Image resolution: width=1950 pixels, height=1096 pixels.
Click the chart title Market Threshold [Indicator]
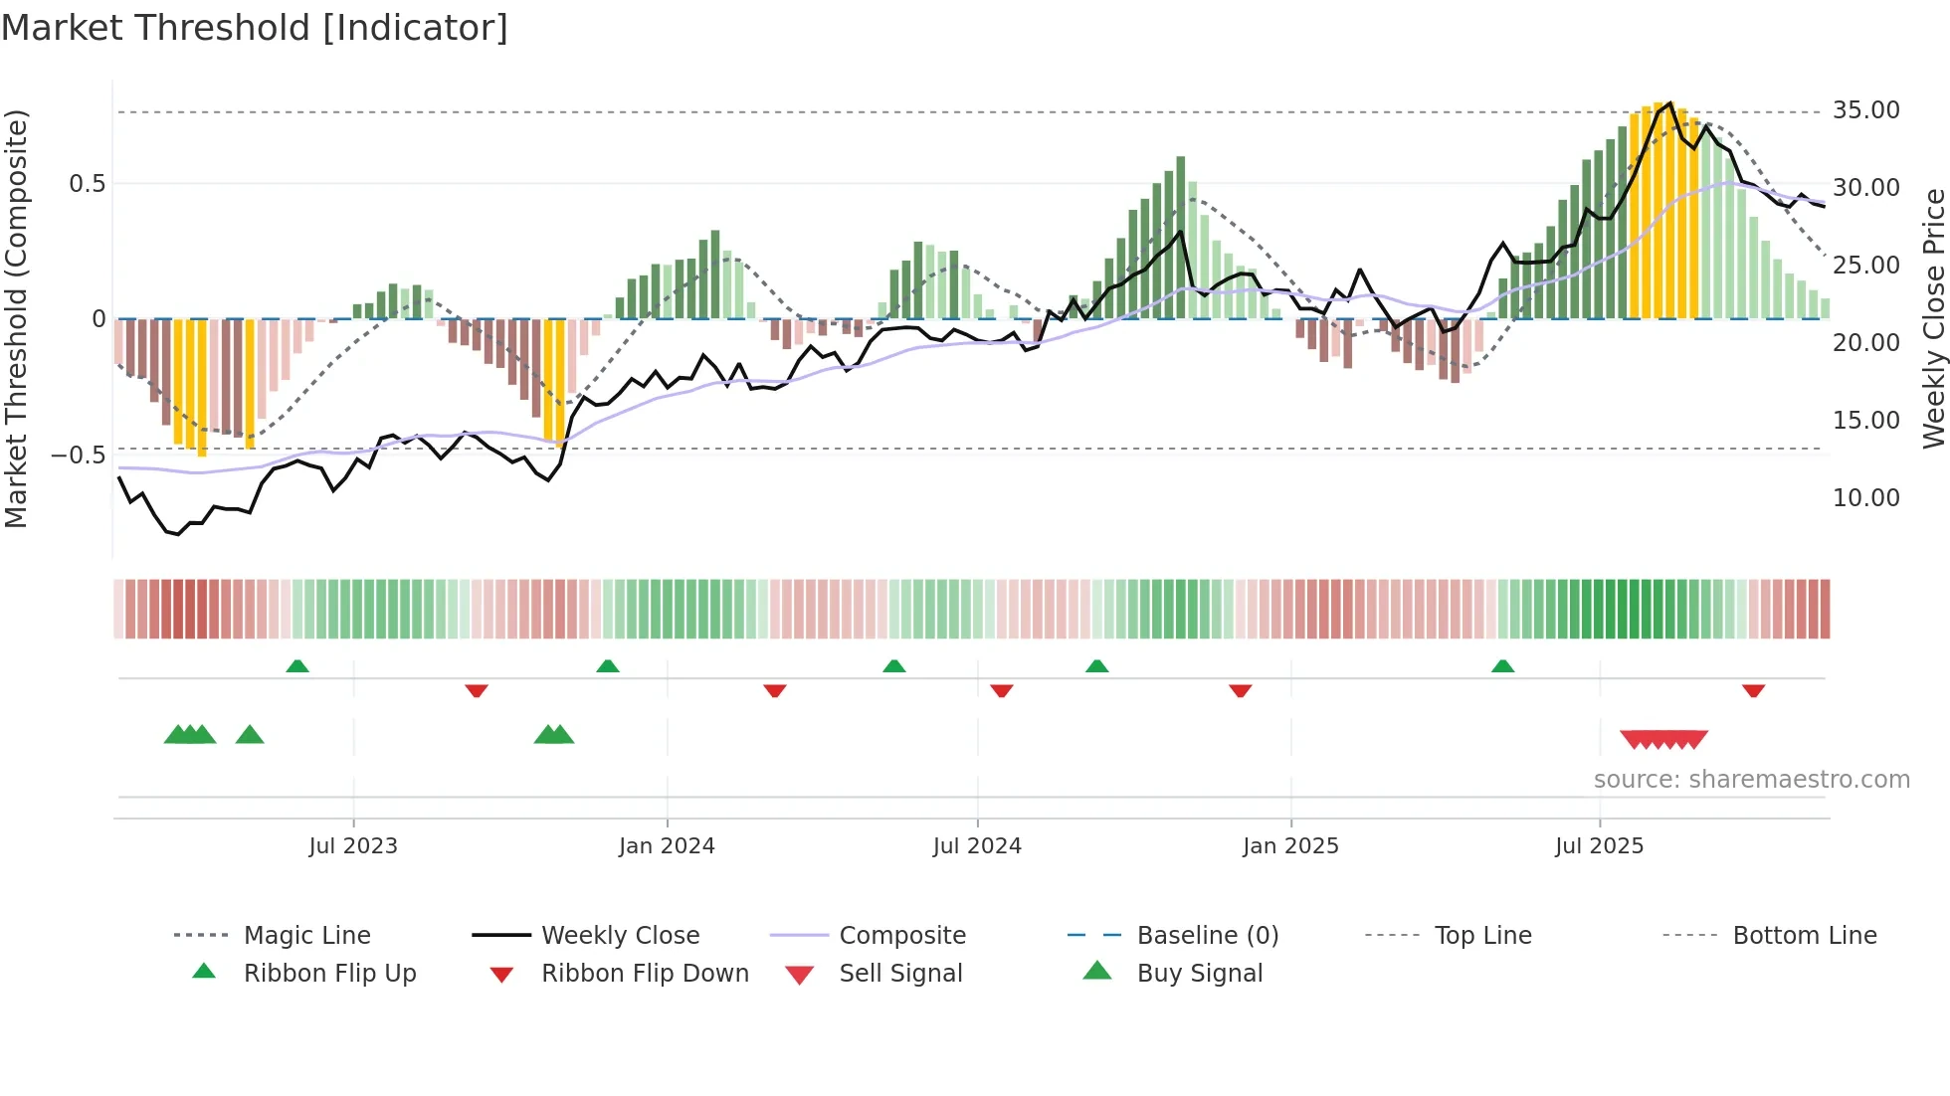(x=255, y=28)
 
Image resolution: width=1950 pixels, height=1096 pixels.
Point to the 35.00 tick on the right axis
(x=1865, y=110)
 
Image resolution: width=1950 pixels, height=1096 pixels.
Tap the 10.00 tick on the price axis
(x=1865, y=498)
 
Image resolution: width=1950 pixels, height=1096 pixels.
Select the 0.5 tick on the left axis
(x=88, y=184)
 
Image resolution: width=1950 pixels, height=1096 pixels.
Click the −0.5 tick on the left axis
(x=80, y=456)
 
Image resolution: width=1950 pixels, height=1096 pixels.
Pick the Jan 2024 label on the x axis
(x=667, y=846)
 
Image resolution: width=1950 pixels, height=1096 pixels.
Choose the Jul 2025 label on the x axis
(x=1599, y=846)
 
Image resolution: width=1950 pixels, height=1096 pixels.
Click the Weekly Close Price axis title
(x=1933, y=318)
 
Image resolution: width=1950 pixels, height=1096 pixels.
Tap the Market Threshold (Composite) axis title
(x=16, y=318)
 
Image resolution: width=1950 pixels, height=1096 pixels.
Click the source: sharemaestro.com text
(x=1751, y=780)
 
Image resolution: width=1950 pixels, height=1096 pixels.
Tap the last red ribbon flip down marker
(x=1753, y=690)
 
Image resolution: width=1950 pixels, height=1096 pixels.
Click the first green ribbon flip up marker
(x=297, y=666)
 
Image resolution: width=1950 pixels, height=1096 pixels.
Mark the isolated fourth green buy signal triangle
(x=250, y=735)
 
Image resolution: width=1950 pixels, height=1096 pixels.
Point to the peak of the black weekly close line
(x=1670, y=103)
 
